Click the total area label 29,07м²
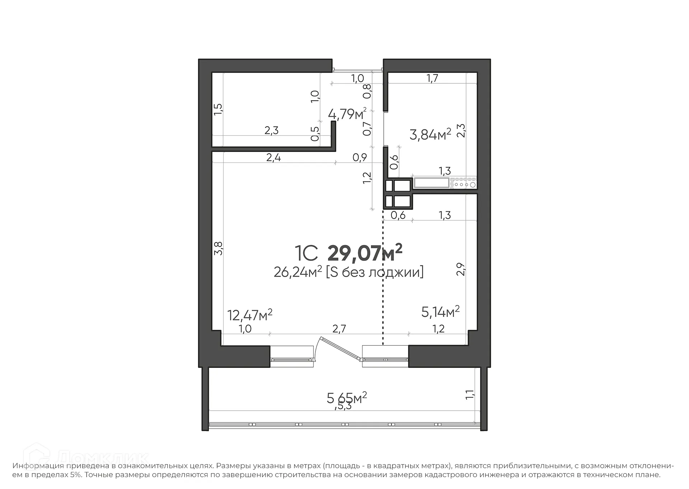tap(365, 253)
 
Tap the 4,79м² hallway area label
tap(347, 114)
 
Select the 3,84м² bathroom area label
tap(430, 135)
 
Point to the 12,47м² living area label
tap(250, 315)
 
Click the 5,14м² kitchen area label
tap(440, 312)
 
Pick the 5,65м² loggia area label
tap(347, 398)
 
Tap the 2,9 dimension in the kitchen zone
tap(461, 269)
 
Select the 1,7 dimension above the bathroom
tap(432, 78)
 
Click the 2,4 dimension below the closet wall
tap(273, 157)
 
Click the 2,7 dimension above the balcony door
tap(339, 328)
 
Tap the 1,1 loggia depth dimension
tap(470, 395)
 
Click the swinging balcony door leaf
tap(341, 348)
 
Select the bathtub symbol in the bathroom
tap(431, 183)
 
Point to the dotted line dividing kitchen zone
tap(383, 280)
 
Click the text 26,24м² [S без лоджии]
tap(348, 272)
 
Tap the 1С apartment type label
tap(306, 253)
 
